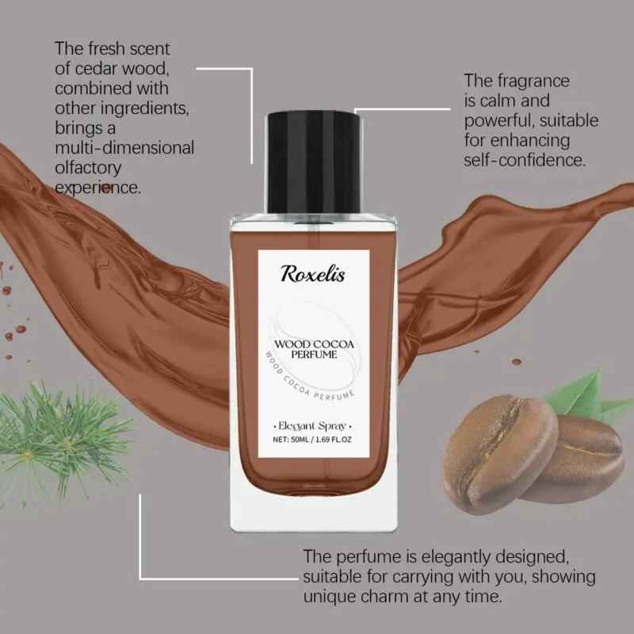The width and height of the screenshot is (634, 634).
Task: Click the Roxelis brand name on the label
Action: coord(312,273)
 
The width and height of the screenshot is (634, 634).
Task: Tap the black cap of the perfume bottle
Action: coord(314,162)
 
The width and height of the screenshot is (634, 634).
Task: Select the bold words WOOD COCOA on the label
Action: coord(314,344)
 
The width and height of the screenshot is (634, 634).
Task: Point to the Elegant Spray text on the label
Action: coord(312,426)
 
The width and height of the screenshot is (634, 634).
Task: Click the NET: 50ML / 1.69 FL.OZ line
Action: coord(312,440)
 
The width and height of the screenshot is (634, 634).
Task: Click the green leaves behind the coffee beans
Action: coord(586,394)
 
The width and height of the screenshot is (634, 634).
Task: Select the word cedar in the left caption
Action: coord(96,68)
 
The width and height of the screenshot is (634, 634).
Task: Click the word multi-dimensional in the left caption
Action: coord(124,148)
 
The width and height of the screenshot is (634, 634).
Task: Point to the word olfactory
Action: coord(88,169)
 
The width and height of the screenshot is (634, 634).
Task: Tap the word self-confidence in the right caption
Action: coord(525,160)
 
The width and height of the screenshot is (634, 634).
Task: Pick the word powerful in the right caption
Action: coord(498,121)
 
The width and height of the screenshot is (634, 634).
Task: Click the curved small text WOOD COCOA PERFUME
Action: coord(308,379)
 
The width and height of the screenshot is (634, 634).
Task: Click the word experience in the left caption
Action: coord(97,188)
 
